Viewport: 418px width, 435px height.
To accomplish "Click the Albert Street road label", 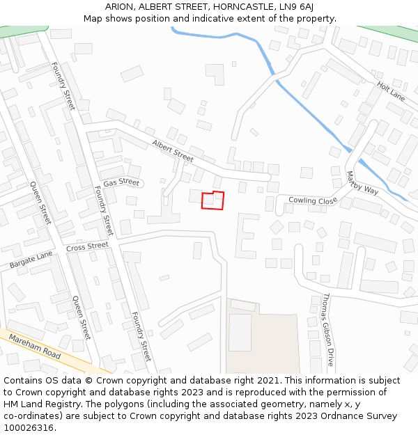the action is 173,150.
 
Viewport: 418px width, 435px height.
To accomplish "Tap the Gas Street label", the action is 121,182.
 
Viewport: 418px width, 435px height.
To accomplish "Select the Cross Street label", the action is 87,246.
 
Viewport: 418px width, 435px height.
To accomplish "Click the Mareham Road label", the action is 35,346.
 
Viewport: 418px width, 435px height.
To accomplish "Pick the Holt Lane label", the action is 390,90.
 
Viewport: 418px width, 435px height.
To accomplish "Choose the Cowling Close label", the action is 312,200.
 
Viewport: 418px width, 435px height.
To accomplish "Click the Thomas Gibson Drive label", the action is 327,329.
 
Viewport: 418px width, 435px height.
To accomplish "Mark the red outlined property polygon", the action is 213,200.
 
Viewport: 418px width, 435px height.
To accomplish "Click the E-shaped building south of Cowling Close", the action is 246,235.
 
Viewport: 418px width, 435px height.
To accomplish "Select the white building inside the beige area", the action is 240,332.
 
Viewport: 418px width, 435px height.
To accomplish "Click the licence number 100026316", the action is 29,428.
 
